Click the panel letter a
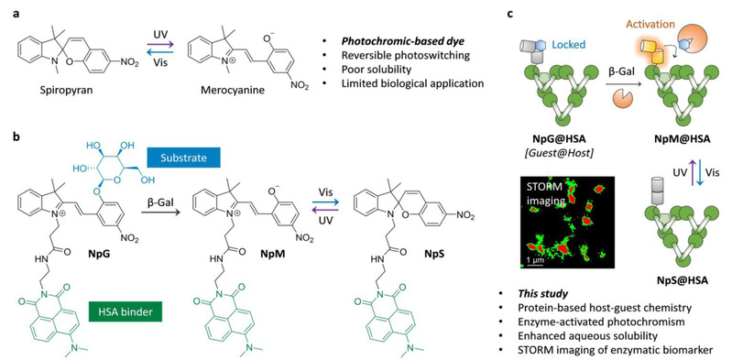point(16,14)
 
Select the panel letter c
point(510,14)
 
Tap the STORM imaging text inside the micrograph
point(543,194)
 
